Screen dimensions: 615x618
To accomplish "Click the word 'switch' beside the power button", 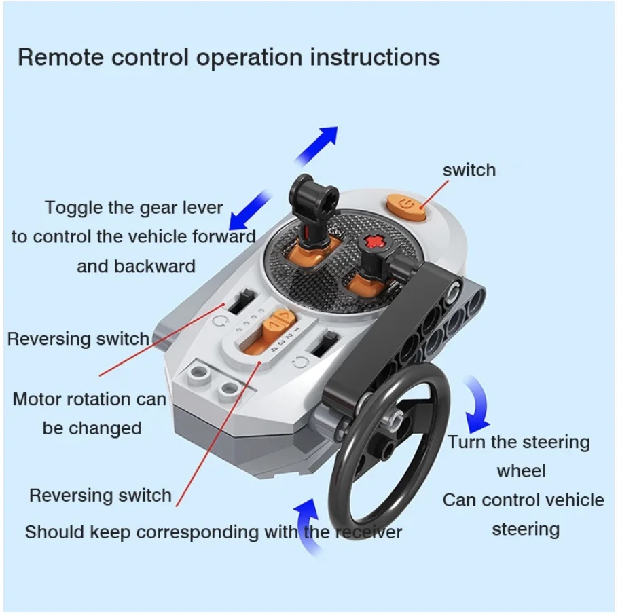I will (x=469, y=170).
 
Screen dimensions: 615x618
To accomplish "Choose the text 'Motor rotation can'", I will (x=89, y=399).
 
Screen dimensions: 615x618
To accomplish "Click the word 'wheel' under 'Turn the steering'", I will (x=521, y=470).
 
